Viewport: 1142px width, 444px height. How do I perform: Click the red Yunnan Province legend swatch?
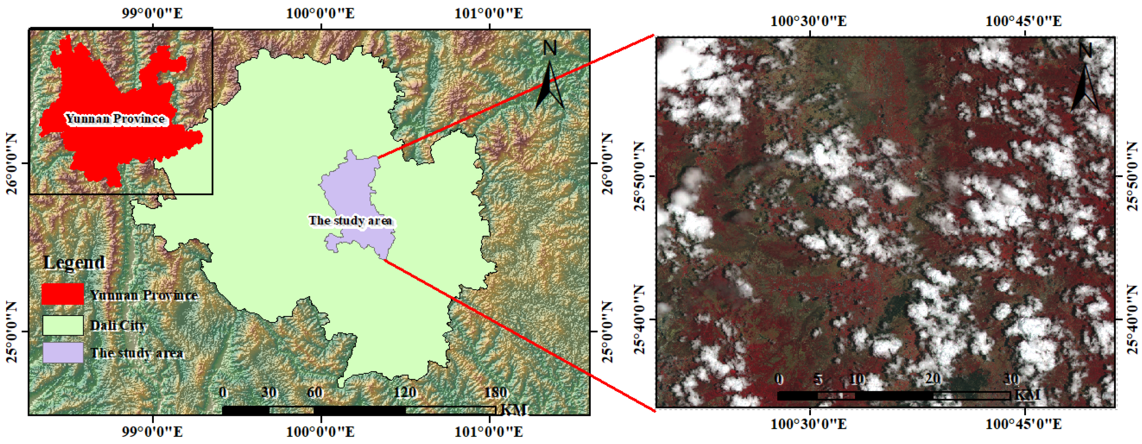coord(63,294)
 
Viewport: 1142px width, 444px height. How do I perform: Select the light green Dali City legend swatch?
coord(63,325)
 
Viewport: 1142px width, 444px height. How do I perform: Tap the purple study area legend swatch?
coord(63,353)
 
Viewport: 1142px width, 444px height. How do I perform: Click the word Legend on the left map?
coord(74,262)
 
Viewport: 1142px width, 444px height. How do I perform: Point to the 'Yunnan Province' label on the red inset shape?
coord(115,119)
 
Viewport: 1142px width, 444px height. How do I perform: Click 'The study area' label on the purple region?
coord(350,220)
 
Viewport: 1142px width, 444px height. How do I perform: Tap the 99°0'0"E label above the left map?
coord(152,13)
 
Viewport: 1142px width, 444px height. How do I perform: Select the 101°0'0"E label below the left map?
coord(489,431)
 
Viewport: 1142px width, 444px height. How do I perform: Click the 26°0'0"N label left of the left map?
coord(11,164)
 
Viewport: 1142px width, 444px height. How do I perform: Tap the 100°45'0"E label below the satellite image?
coord(1023,424)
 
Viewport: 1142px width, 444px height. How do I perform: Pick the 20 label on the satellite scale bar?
coord(932,379)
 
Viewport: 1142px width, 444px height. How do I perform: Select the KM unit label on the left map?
coord(514,410)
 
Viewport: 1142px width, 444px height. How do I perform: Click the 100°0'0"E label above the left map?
coord(320,13)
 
